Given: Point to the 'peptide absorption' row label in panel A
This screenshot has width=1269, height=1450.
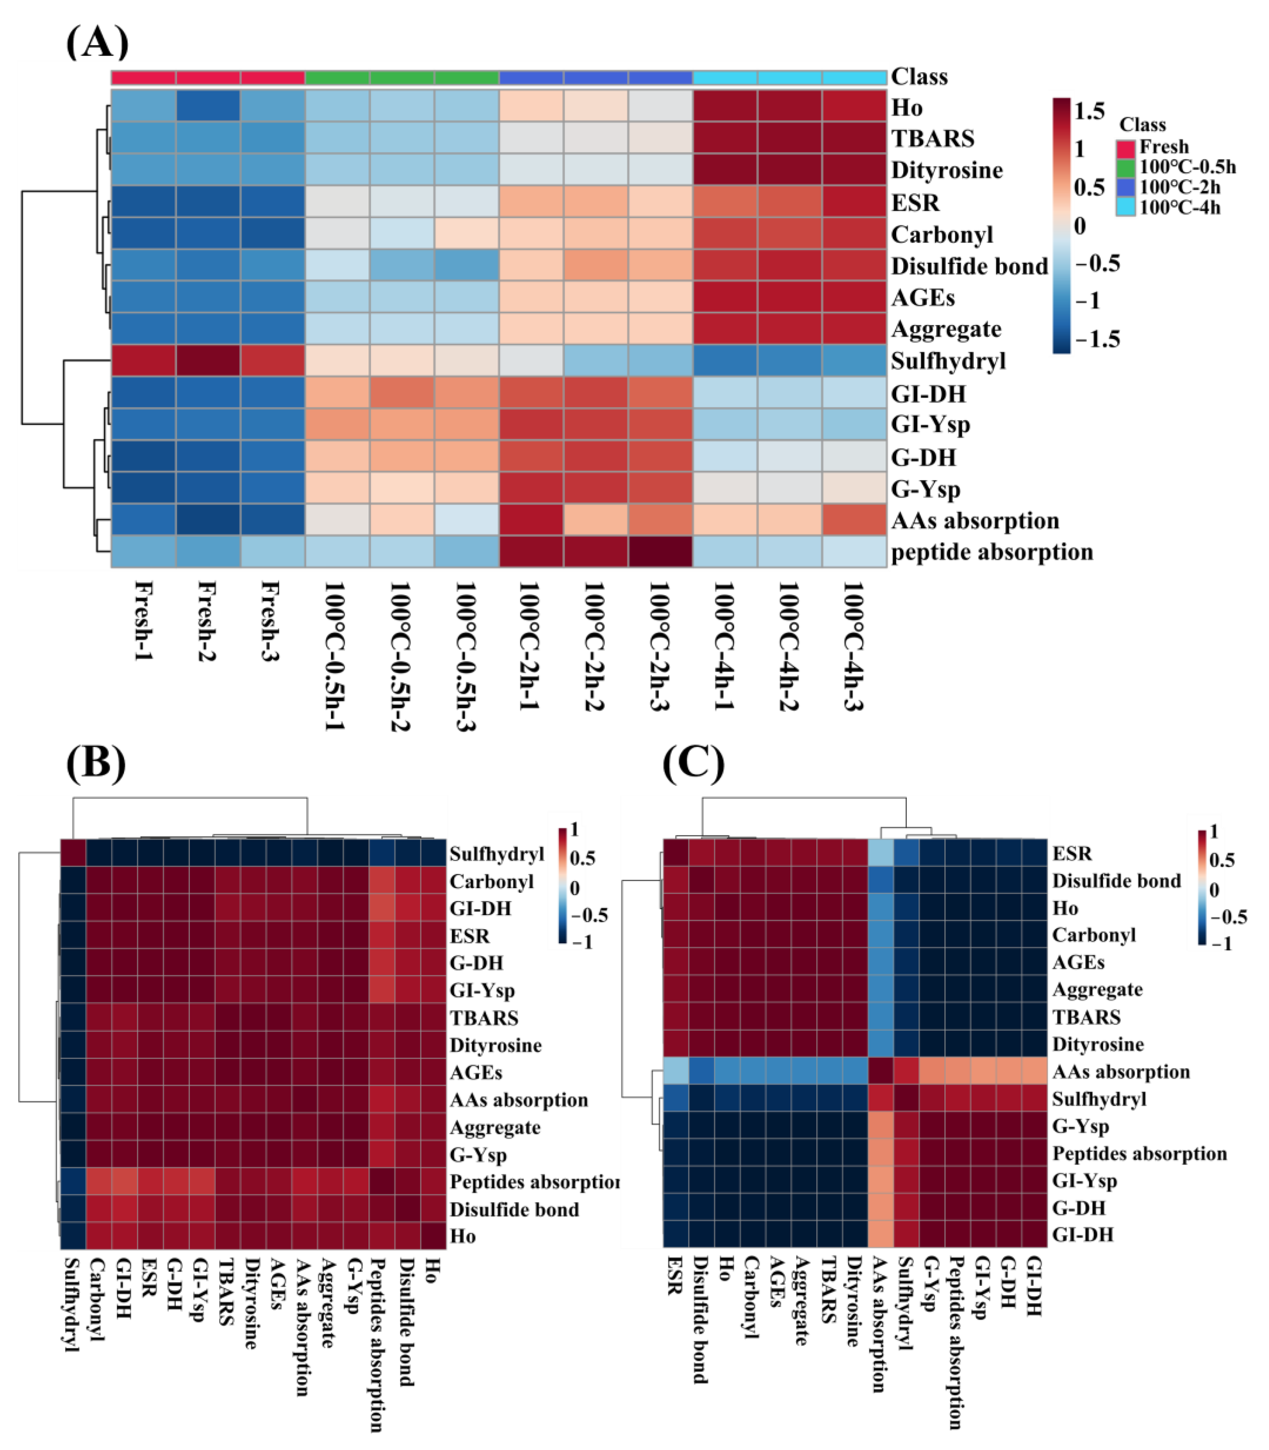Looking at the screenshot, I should (991, 552).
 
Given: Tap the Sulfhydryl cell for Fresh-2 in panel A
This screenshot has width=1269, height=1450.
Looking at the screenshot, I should (208, 361).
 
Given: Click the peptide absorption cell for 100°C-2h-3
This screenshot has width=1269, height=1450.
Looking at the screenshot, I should (660, 552).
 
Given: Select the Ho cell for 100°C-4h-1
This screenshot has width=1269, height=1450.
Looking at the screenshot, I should (725, 107).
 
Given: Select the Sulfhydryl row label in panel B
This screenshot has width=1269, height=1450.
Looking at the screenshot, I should (496, 854).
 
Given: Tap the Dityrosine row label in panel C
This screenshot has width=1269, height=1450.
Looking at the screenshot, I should (1098, 1044).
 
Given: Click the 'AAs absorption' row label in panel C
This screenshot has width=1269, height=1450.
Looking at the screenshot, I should (1120, 1072).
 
